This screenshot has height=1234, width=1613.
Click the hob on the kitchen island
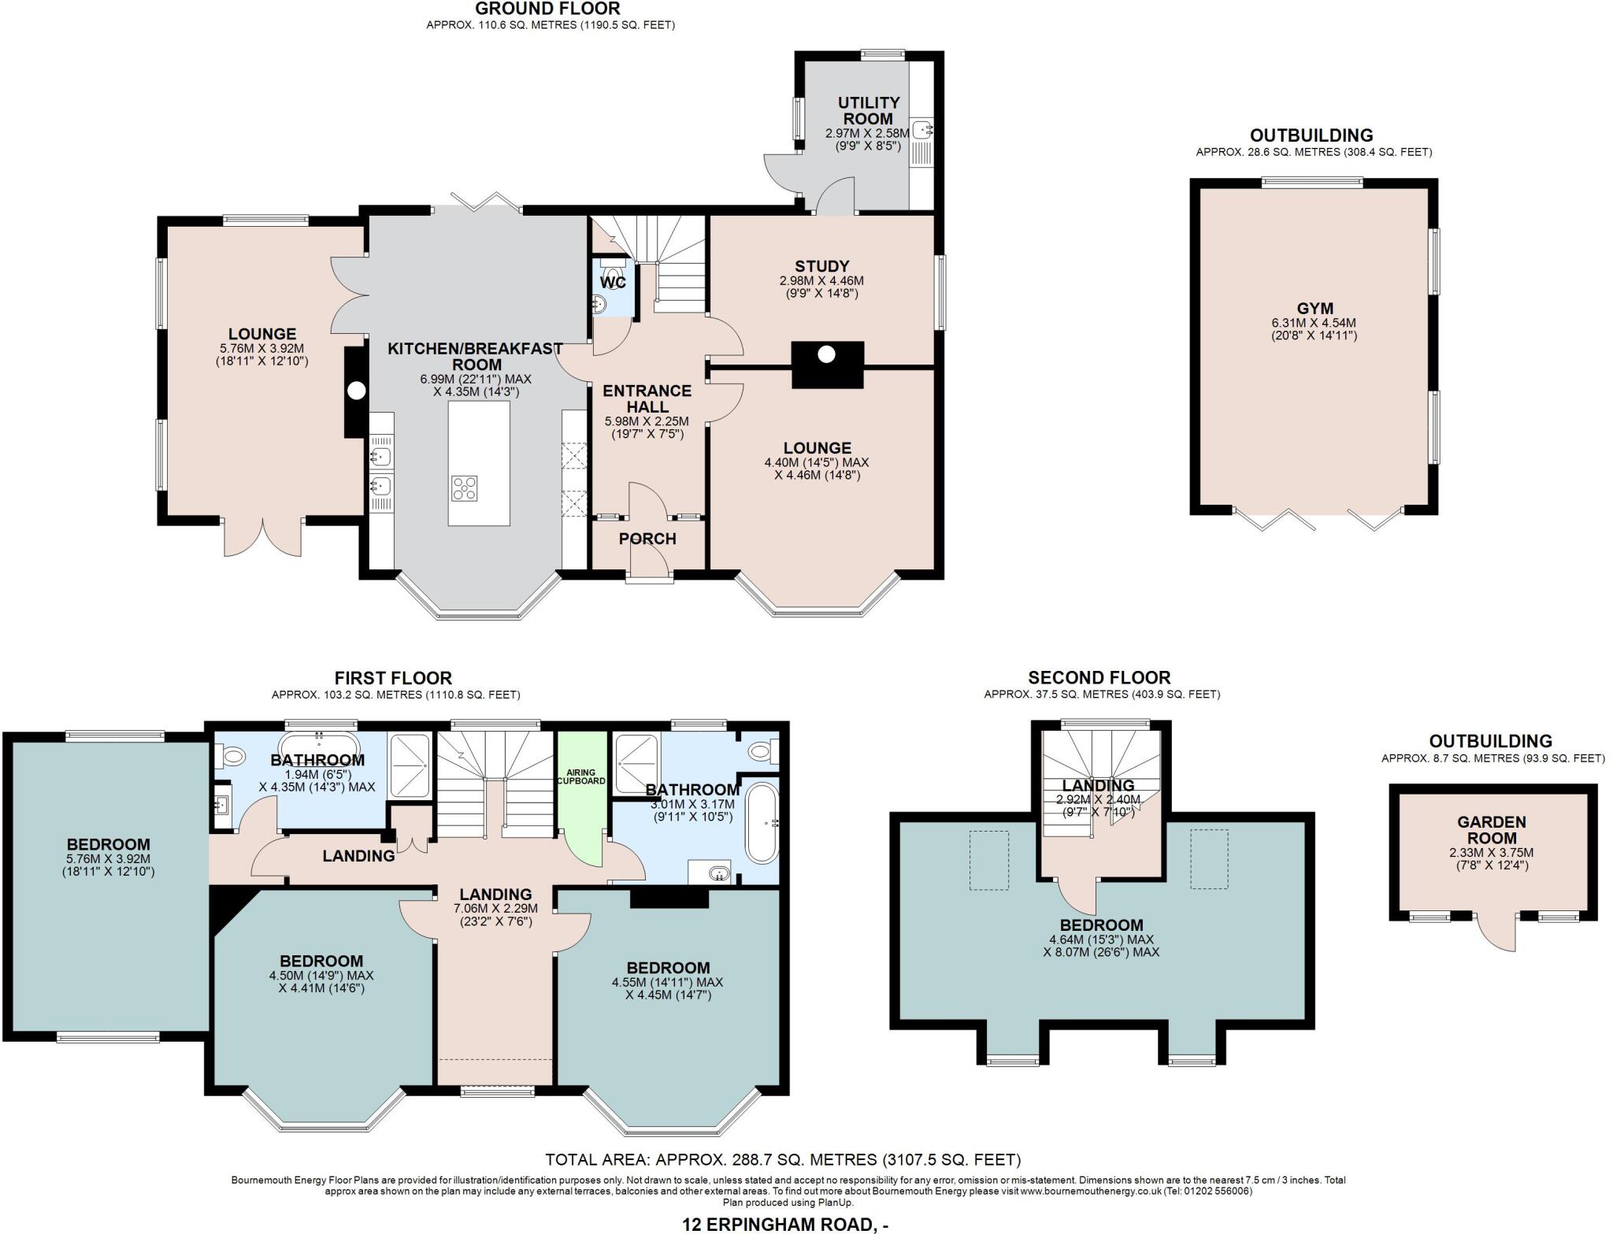[x=464, y=488]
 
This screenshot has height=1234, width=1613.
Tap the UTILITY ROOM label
[x=869, y=110]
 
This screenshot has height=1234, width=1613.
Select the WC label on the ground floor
[x=613, y=282]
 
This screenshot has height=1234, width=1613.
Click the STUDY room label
[x=821, y=266]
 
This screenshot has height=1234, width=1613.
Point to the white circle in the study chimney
[x=825, y=354]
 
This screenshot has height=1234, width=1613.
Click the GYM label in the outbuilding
[x=1315, y=309]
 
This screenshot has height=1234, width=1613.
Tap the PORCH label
[x=647, y=539]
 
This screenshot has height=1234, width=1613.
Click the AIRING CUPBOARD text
[x=582, y=776]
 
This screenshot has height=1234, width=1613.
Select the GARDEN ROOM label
[x=1492, y=830]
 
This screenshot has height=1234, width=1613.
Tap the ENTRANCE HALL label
[x=647, y=398]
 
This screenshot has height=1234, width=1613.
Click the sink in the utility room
[x=922, y=128]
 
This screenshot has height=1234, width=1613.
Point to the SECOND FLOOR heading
[x=1099, y=677]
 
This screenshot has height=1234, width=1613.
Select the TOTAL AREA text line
[x=783, y=1159]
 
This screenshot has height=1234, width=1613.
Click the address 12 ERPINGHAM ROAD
[x=785, y=1225]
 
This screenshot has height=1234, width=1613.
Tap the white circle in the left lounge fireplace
[x=357, y=391]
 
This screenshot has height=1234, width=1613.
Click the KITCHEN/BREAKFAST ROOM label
[x=476, y=356]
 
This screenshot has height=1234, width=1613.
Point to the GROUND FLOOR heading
[x=548, y=9]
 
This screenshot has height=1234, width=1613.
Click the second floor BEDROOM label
[x=1101, y=925]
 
